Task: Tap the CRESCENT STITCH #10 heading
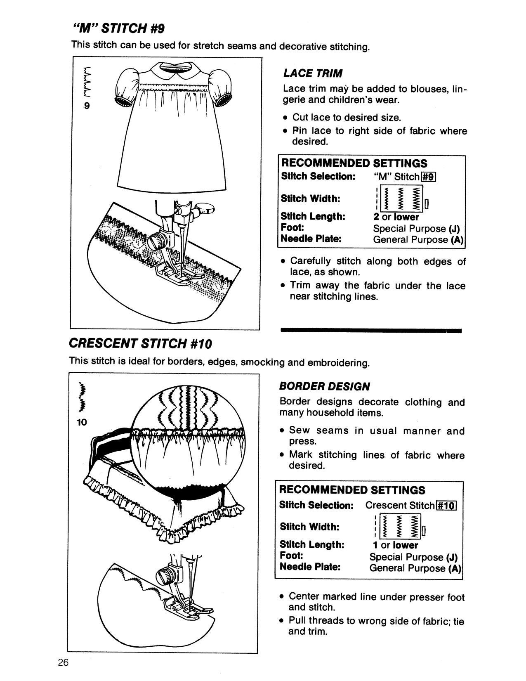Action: point(140,343)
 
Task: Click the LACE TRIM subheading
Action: point(313,73)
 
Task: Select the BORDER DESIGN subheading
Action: point(325,386)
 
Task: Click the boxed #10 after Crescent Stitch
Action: point(446,506)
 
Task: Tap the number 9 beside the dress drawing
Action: point(87,106)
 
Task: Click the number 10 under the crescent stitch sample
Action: point(82,422)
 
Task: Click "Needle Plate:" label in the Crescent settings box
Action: point(310,567)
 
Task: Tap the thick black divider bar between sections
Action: point(370,331)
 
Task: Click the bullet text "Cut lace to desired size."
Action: point(346,118)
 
